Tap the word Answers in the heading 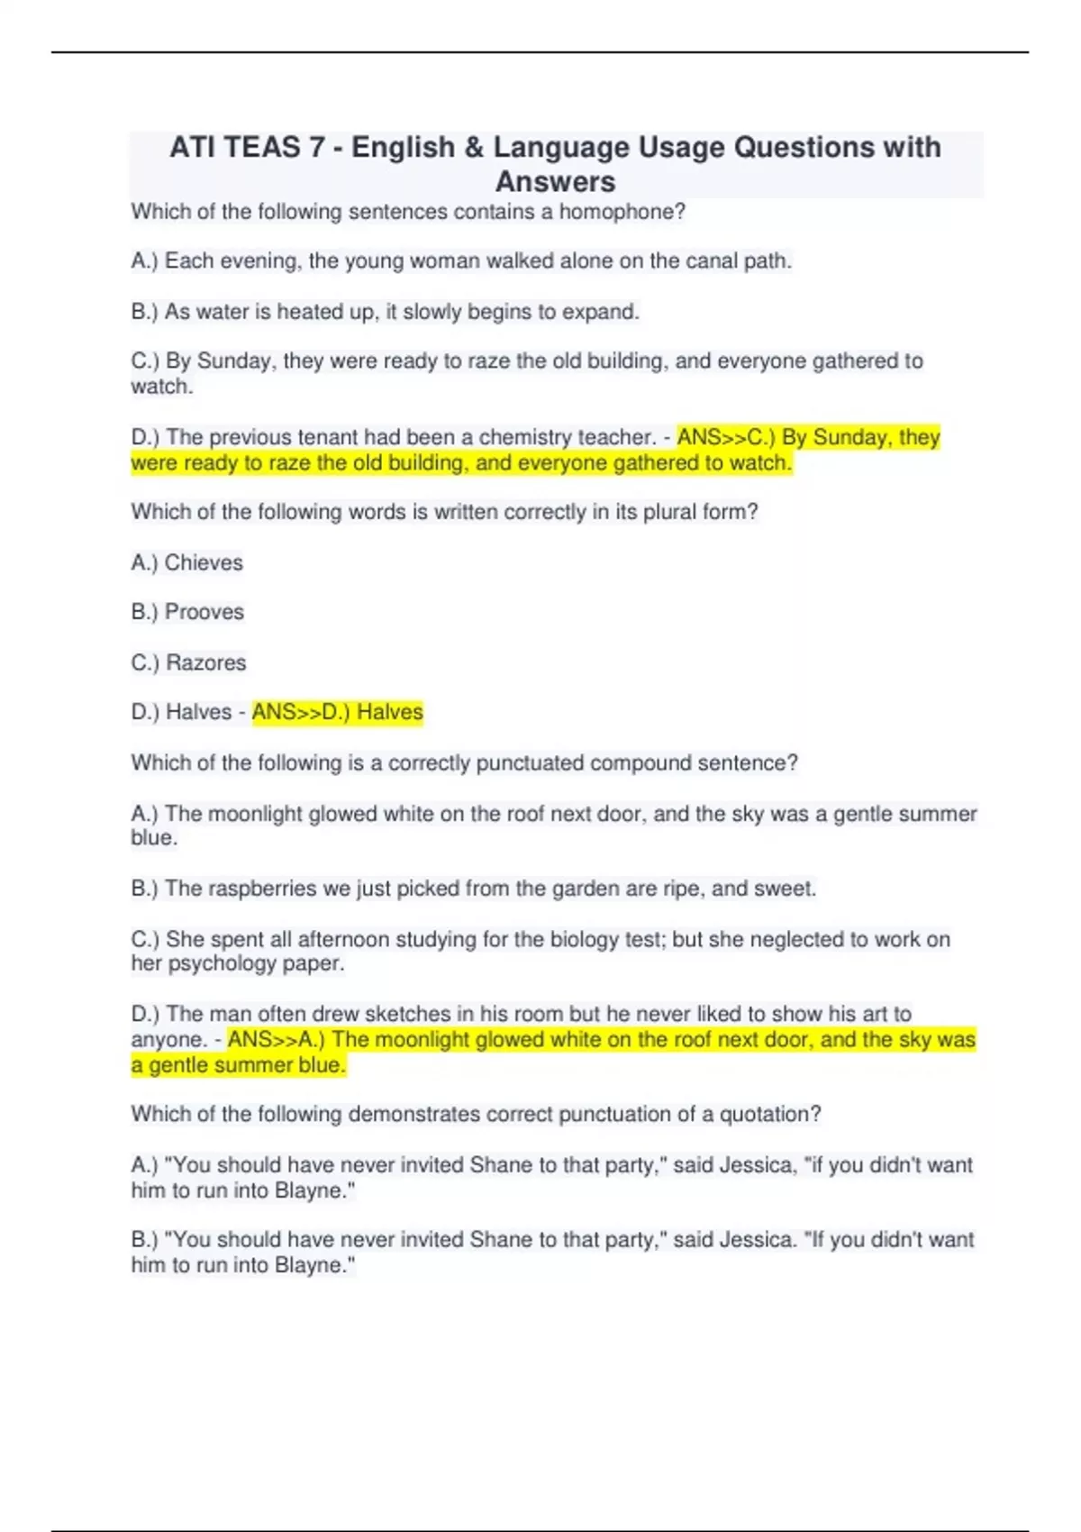[x=555, y=182]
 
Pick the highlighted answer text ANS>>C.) [x=726, y=437]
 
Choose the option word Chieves [x=204, y=562]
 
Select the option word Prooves [x=204, y=612]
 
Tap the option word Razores [x=205, y=662]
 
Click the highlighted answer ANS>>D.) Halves [x=338, y=712]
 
